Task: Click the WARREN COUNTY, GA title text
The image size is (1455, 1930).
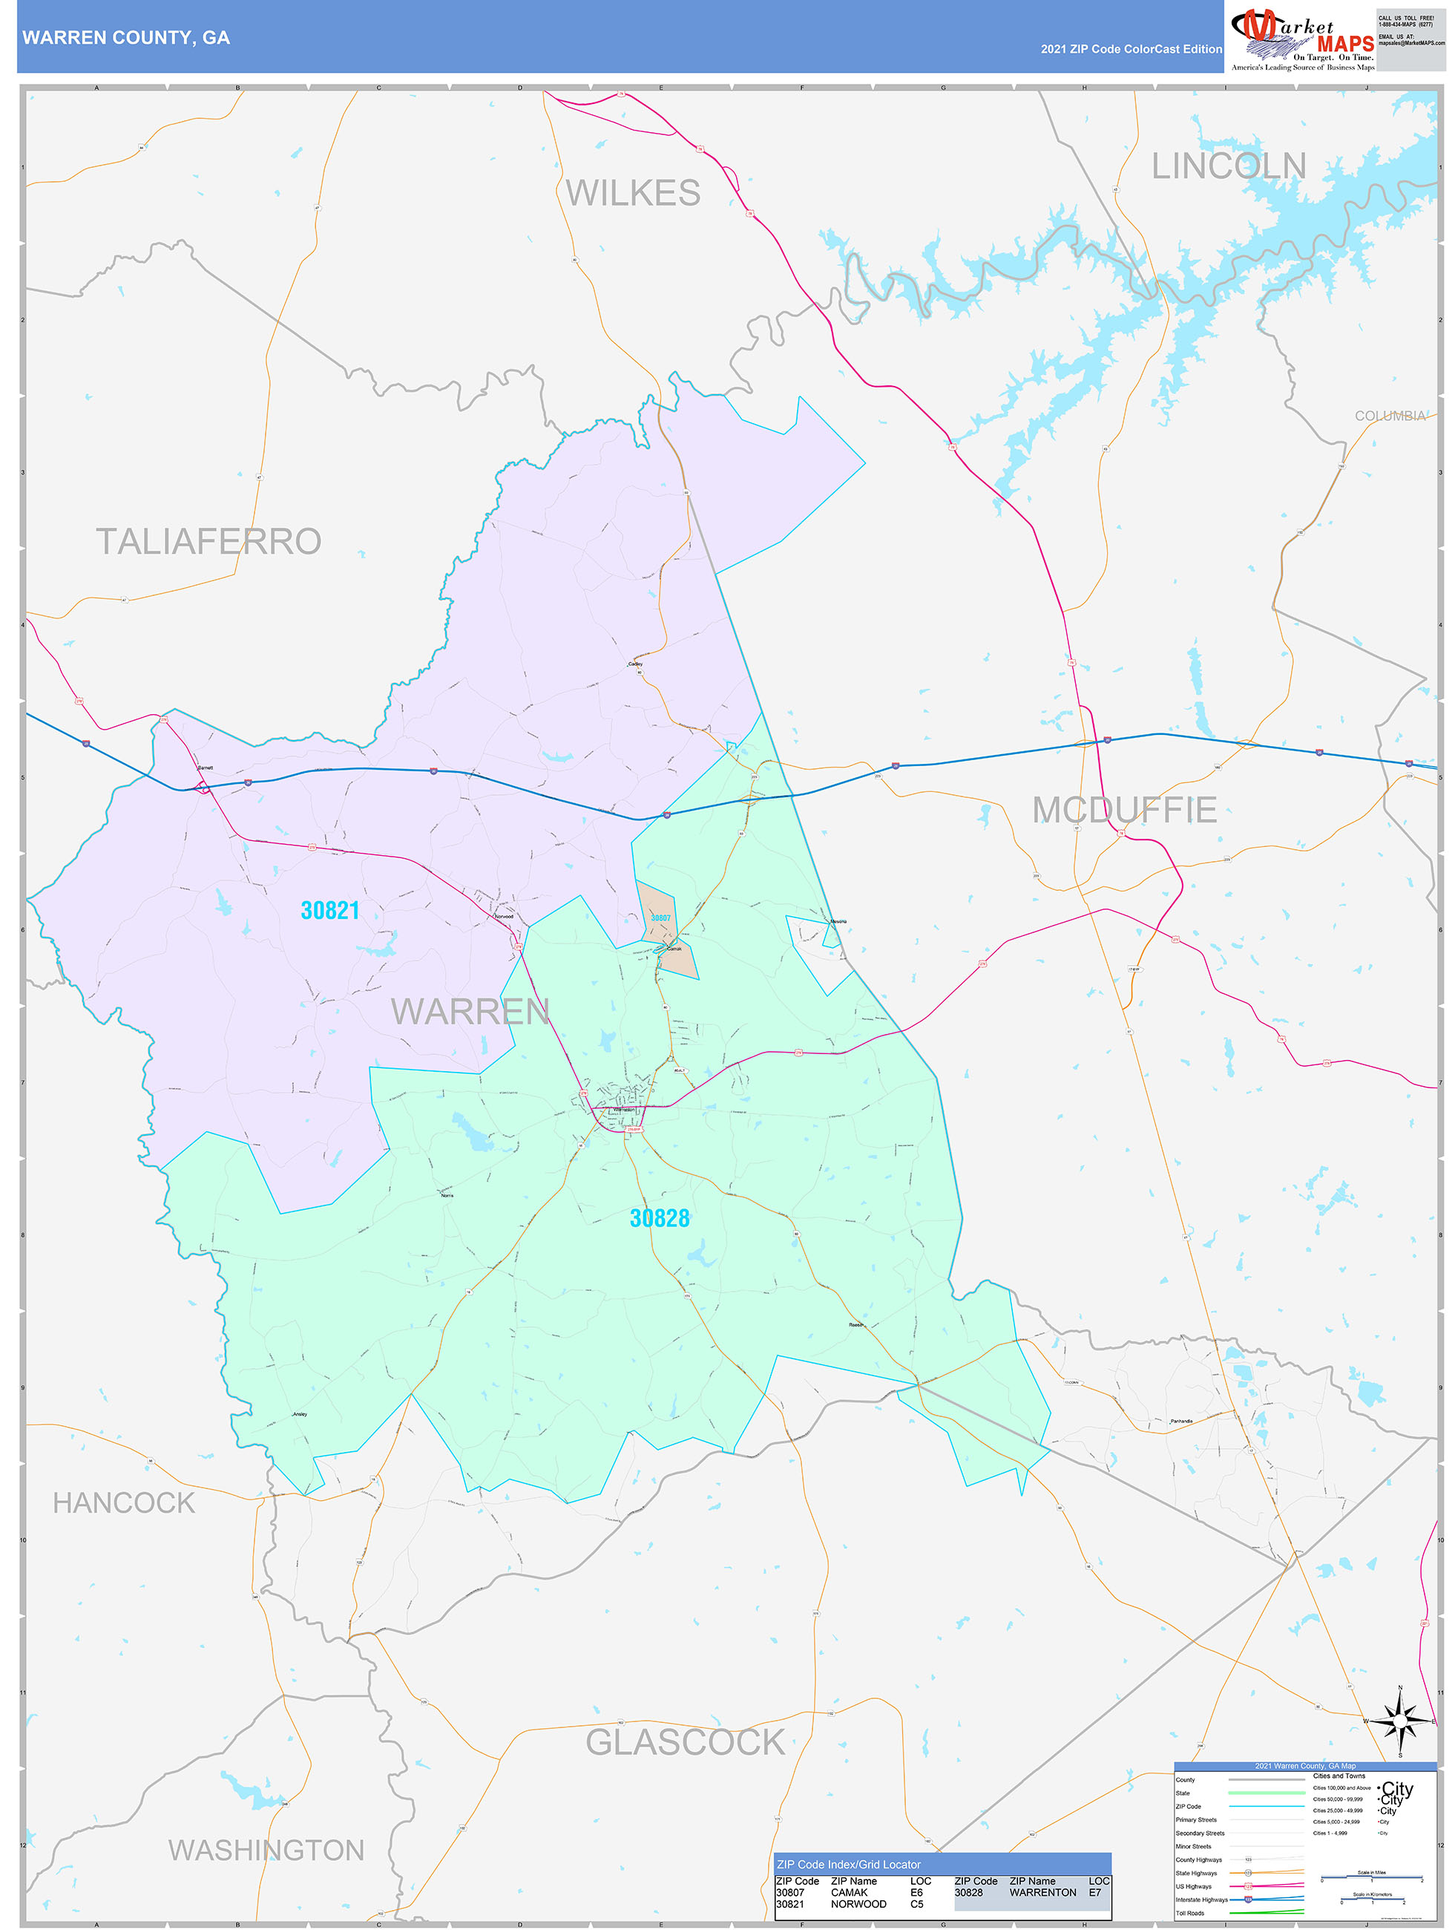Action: (126, 38)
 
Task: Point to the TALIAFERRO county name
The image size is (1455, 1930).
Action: (208, 541)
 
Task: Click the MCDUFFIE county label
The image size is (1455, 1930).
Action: (1124, 810)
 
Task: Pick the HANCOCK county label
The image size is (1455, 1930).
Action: (124, 1502)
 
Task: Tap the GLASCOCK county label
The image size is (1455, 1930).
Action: (685, 1742)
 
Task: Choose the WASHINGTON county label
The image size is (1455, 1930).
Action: (266, 1850)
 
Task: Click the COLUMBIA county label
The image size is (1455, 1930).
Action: (1390, 416)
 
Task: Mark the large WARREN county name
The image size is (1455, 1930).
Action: (470, 1011)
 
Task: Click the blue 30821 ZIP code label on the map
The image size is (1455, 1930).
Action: (329, 910)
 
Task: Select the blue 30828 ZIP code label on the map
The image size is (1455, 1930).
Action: (660, 1218)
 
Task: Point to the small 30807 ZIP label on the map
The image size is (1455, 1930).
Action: (661, 918)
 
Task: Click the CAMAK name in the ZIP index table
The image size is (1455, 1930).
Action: (849, 1892)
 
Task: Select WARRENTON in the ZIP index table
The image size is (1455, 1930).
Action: (1042, 1892)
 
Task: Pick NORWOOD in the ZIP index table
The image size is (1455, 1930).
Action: (858, 1904)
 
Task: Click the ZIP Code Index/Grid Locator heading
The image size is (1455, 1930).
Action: (848, 1865)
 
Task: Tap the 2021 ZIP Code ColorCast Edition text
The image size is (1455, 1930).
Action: (1131, 49)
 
